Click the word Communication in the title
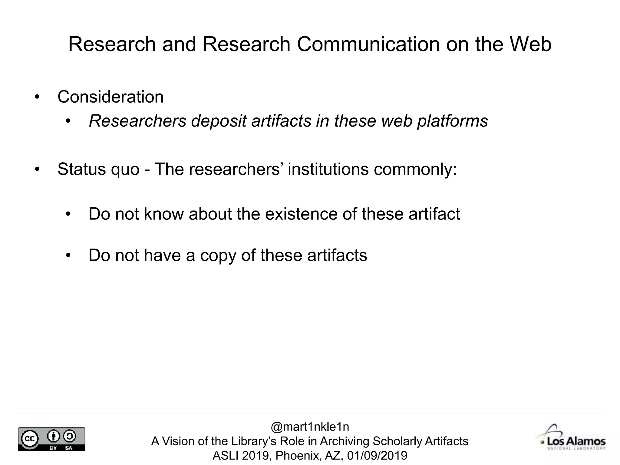(x=368, y=44)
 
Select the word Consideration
(x=110, y=97)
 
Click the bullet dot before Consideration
(x=37, y=97)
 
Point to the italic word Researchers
(x=137, y=121)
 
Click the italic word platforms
(x=453, y=121)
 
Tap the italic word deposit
(x=219, y=121)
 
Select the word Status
(x=82, y=169)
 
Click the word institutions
(x=328, y=169)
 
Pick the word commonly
(x=415, y=169)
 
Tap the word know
(x=163, y=214)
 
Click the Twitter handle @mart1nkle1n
(x=310, y=427)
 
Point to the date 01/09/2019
(x=377, y=455)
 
